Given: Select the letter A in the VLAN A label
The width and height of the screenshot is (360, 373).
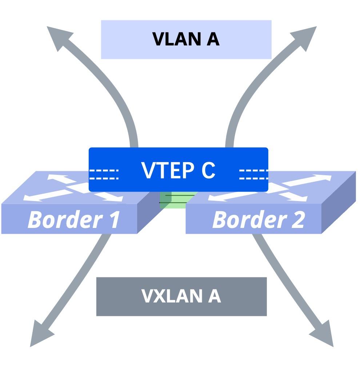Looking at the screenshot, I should click(213, 40).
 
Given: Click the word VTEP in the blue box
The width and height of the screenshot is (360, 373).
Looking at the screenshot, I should click(165, 170).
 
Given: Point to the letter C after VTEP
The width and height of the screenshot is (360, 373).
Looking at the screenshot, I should click(208, 170).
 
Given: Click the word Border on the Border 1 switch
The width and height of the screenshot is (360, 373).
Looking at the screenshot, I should click(60, 220).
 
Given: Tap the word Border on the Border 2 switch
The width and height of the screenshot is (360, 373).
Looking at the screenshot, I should click(244, 220).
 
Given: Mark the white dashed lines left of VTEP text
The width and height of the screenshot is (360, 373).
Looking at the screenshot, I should click(104, 174).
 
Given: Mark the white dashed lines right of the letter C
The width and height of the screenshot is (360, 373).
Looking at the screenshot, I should click(253, 174).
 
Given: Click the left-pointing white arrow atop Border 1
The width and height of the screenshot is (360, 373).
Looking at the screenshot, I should click(35, 196).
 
